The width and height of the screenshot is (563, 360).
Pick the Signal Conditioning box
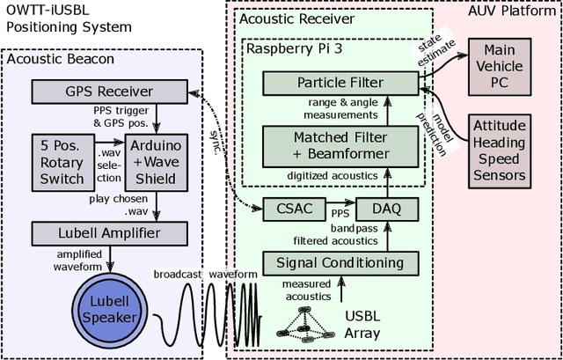(x=340, y=262)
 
